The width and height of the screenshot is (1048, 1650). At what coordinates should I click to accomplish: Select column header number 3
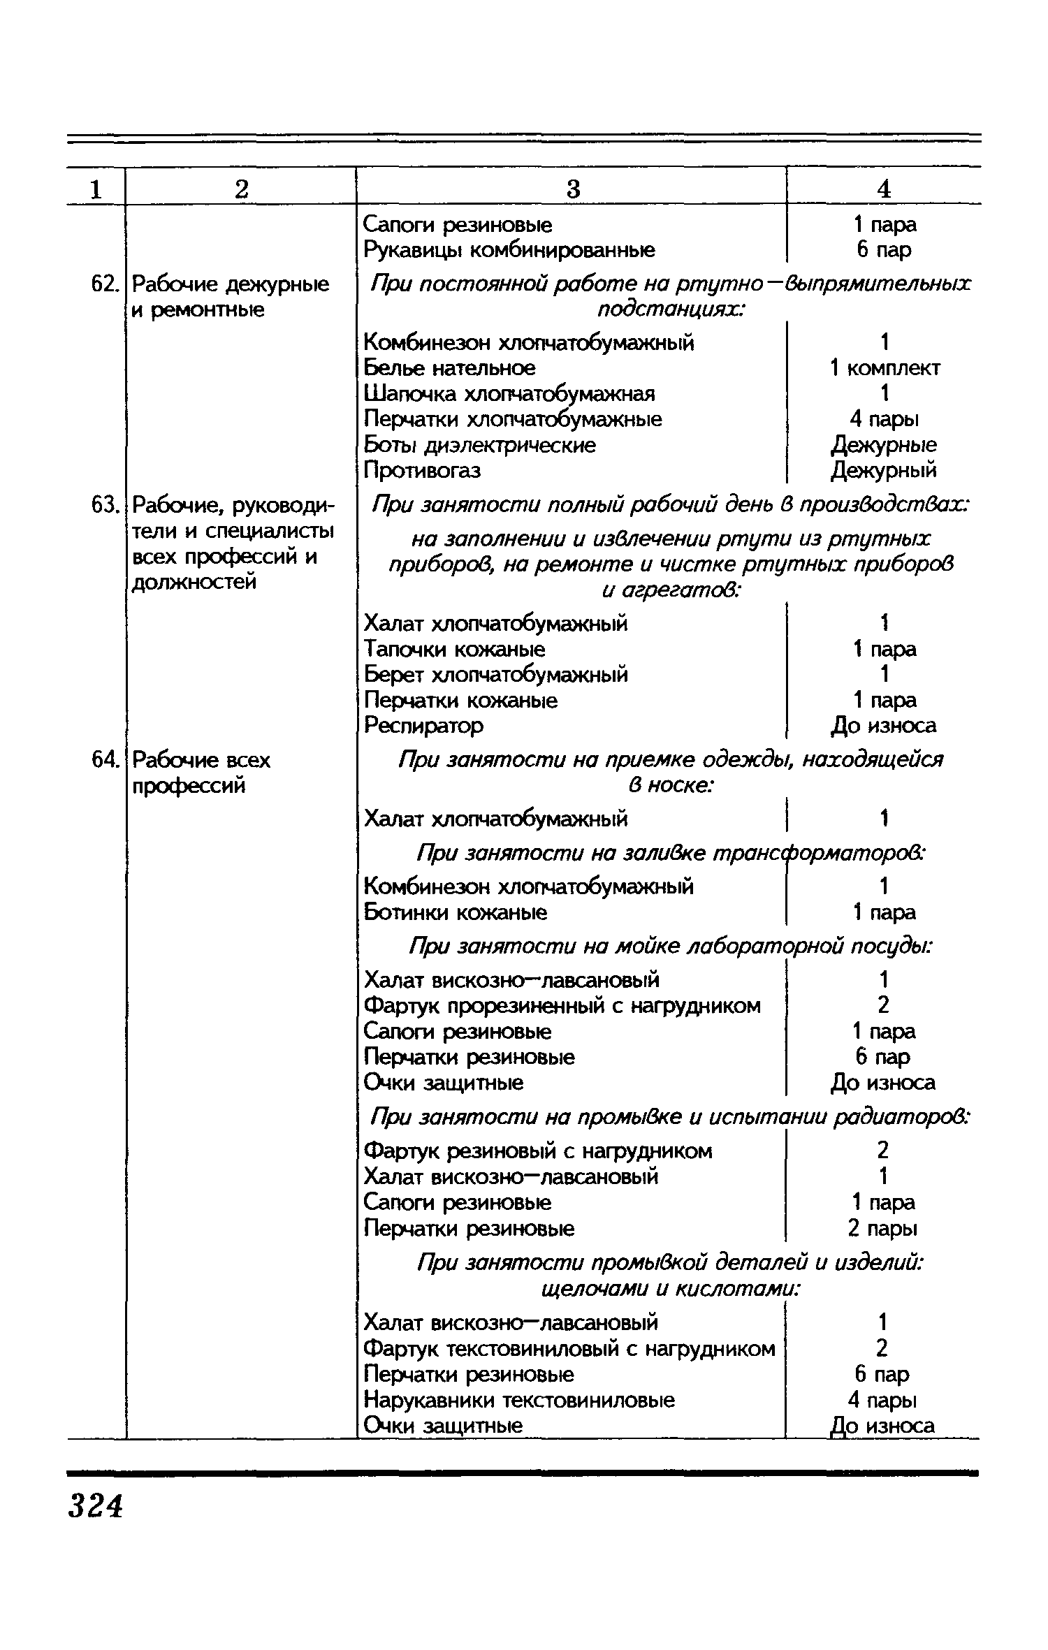[572, 189]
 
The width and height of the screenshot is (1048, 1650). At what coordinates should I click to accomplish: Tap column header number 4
[884, 189]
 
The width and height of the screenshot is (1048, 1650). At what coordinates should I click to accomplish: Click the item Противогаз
[423, 471]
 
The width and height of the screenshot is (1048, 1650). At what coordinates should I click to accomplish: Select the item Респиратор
[423, 726]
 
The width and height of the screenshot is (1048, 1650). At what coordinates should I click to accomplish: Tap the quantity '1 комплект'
[885, 368]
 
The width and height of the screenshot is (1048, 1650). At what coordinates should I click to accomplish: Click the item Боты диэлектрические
[480, 445]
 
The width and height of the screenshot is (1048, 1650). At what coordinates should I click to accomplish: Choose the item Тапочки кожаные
[455, 650]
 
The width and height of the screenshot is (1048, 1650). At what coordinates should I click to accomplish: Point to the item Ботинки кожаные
[456, 912]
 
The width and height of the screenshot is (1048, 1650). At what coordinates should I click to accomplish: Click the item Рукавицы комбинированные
[509, 250]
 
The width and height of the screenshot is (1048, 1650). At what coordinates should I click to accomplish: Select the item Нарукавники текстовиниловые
[520, 1400]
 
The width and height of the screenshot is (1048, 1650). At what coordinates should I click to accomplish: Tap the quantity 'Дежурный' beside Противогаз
[884, 471]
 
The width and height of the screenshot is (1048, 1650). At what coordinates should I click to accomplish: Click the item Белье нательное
[450, 368]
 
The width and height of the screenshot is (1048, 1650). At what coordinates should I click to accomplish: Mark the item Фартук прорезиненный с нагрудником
[562, 1006]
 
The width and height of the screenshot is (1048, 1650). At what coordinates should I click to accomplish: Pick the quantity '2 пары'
[884, 1229]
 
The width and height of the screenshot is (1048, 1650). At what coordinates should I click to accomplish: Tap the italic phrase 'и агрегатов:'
[671, 591]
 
